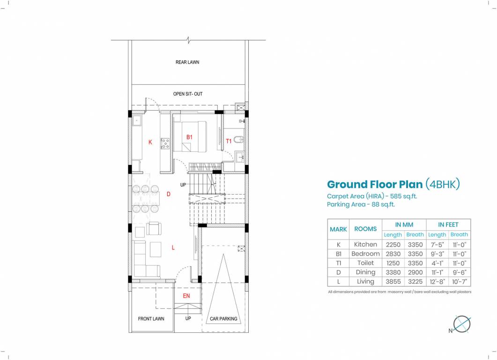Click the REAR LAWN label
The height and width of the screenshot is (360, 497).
187,62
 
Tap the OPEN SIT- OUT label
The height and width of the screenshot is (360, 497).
188,94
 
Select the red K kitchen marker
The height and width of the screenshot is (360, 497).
150,142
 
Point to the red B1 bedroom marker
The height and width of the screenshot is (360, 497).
190,137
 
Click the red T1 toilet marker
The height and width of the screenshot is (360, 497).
229,141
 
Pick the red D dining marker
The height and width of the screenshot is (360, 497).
169,194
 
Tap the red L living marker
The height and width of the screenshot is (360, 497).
173,247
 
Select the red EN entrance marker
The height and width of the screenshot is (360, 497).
186,296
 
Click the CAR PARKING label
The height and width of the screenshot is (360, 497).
223,319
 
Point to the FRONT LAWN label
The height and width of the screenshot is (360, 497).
151,319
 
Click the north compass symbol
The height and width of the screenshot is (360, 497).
462,323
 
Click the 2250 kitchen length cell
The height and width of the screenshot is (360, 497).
393,244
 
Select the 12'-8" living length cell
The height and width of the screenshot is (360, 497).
437,282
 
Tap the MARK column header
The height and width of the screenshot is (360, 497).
338,229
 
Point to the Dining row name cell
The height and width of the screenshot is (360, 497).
365,272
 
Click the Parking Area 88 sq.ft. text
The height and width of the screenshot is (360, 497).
361,204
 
